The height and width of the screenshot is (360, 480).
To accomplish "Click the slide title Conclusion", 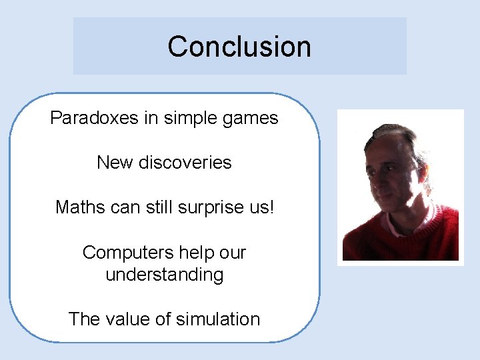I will [239, 47].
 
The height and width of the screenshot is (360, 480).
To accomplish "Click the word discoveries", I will [185, 163].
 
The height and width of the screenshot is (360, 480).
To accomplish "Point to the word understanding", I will [165, 275].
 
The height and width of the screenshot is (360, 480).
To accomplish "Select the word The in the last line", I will [84, 319].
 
